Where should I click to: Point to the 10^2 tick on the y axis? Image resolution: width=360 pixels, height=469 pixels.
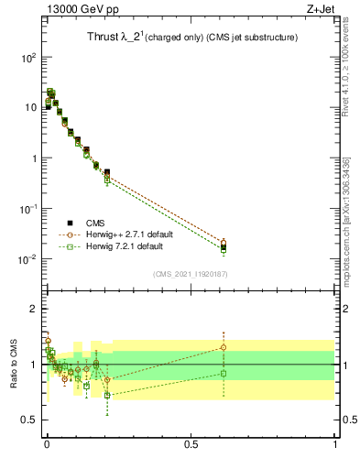point(28,57)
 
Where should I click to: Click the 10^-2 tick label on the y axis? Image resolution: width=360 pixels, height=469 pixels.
point(27,259)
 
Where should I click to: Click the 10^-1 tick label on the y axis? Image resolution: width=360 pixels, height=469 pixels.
point(27,209)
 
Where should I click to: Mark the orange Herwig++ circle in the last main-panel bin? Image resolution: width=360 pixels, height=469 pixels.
point(224,243)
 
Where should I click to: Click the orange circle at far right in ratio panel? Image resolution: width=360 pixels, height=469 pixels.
point(224,347)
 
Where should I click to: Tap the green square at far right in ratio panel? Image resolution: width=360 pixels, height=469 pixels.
point(224,373)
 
